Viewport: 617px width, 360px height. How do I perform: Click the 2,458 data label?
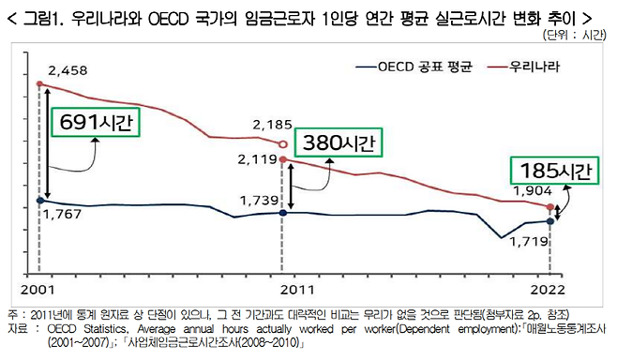coord(68,71)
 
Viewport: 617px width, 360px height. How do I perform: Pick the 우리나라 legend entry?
coord(534,67)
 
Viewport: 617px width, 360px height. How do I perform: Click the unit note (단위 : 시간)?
coord(574,35)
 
